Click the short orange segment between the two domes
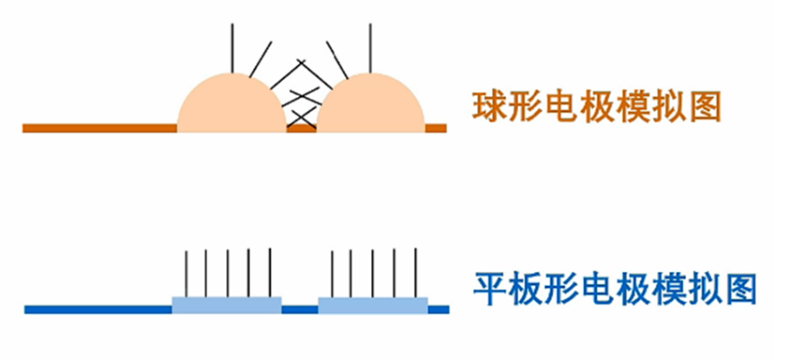coord(301,128)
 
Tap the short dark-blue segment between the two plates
coord(300,309)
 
